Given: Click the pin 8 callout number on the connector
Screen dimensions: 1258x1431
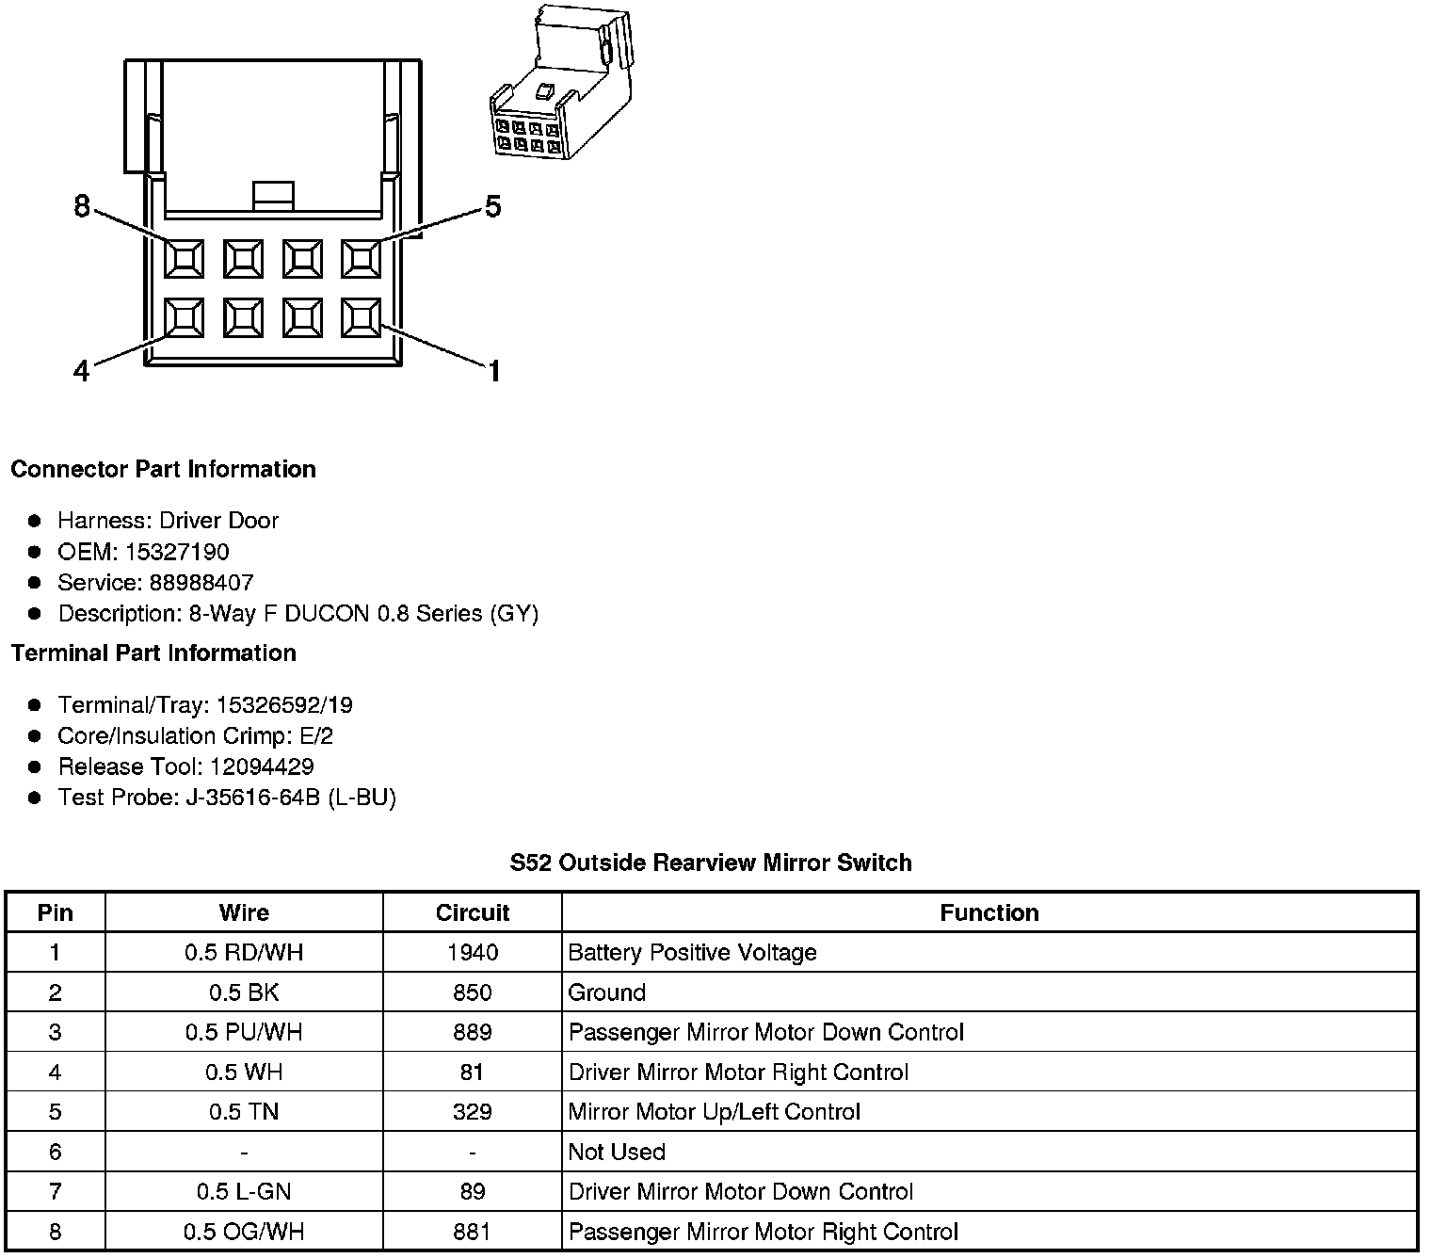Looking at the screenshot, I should pyautogui.click(x=82, y=205).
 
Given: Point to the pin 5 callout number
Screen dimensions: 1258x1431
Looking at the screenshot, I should pyautogui.click(x=492, y=206).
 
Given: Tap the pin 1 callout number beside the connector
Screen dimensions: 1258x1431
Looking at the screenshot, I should pyautogui.click(x=493, y=372).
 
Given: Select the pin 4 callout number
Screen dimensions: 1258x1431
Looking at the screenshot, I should pyautogui.click(x=82, y=372).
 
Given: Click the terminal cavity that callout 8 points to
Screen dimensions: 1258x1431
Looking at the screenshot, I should pyautogui.click(x=184, y=258).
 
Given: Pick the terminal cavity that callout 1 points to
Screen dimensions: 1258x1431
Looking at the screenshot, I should pyautogui.click(x=361, y=317).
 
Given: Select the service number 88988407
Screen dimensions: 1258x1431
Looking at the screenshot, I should pyautogui.click(x=201, y=583).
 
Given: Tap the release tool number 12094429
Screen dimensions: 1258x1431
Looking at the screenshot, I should pyautogui.click(x=262, y=766).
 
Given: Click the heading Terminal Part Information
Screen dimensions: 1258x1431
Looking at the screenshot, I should pyautogui.click(x=153, y=653).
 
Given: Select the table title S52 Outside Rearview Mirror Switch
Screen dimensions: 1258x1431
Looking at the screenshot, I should pyautogui.click(x=711, y=863).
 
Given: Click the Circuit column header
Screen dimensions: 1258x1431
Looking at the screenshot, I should pyautogui.click(x=472, y=912).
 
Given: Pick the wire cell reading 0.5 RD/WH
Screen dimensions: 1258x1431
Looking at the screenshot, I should pyautogui.click(x=244, y=953).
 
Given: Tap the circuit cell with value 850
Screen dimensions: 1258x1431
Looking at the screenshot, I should pyautogui.click(x=472, y=992).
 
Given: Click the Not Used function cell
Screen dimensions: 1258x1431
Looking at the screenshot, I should pyautogui.click(x=617, y=1152).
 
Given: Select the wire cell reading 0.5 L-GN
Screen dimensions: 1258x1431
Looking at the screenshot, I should pyautogui.click(x=244, y=1192).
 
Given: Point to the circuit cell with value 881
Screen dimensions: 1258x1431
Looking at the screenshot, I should pyautogui.click(x=472, y=1232).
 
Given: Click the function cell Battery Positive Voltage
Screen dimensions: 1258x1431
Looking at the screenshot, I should pyautogui.click(x=692, y=953).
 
